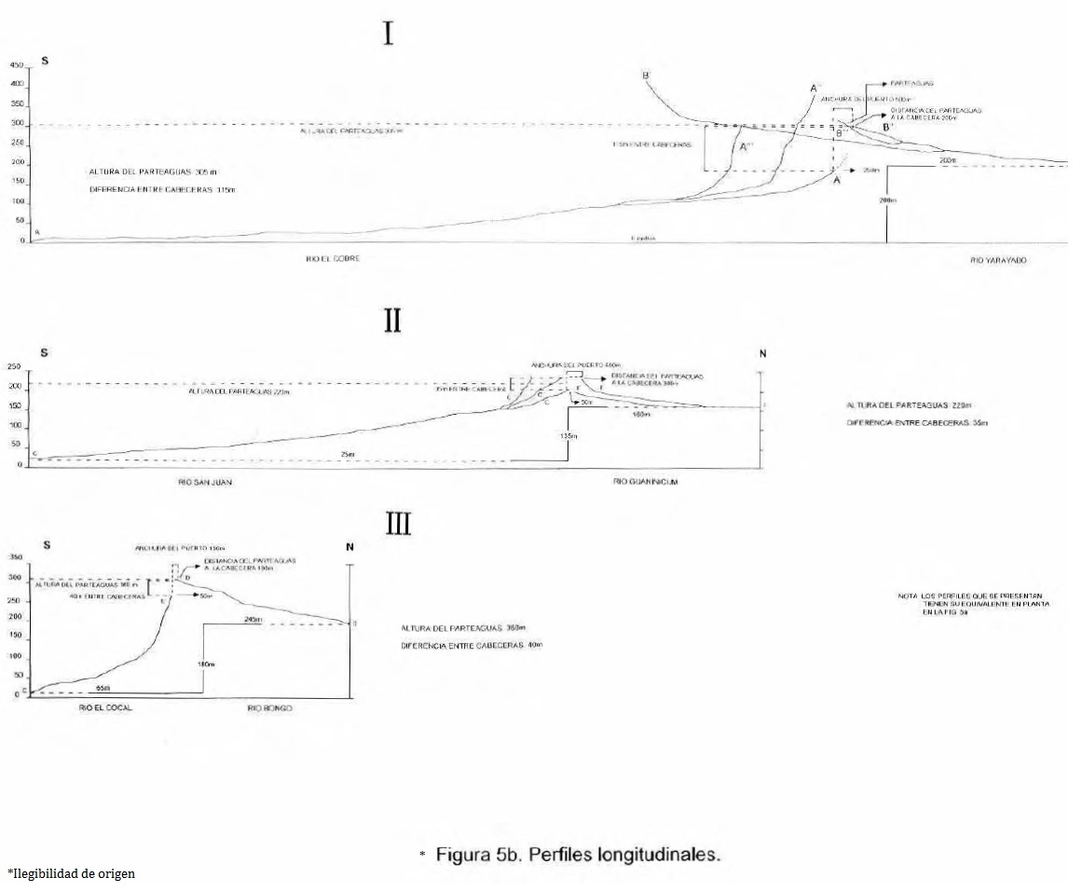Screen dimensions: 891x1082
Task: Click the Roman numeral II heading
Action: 392,321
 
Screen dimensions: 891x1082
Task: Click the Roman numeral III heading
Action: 399,525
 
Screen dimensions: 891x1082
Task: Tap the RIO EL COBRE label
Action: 333,259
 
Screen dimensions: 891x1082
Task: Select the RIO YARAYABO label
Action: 998,261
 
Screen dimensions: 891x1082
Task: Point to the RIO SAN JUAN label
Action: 205,482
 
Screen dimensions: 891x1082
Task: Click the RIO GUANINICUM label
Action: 645,482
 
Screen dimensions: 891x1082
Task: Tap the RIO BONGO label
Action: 270,709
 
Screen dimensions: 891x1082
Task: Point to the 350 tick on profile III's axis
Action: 15,557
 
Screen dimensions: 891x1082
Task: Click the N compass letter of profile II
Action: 761,353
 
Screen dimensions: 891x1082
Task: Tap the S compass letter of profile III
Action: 44,546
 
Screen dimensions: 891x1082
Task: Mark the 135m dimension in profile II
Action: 565,435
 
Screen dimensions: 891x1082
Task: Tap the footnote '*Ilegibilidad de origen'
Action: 71,873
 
